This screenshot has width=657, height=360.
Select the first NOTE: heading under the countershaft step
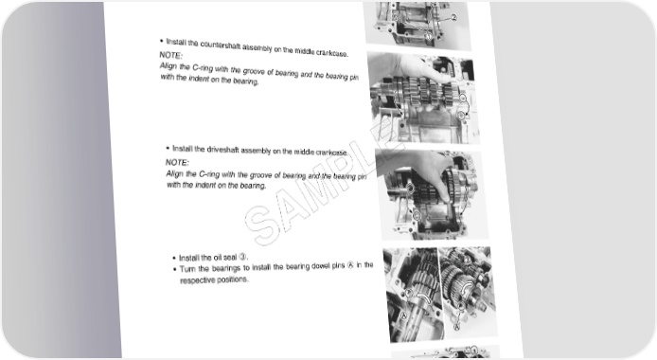click(x=171, y=55)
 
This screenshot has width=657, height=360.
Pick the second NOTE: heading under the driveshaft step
click(x=177, y=162)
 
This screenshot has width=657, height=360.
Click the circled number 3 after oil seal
click(x=242, y=257)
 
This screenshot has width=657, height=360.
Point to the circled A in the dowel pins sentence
click(x=350, y=265)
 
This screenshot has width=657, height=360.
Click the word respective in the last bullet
click(x=197, y=280)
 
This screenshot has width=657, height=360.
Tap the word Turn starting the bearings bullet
click(x=187, y=269)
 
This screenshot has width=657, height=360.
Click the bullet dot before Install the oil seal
click(x=174, y=258)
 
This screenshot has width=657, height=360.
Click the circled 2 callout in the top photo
click(x=453, y=18)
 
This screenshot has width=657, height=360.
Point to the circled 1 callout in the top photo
click(x=428, y=36)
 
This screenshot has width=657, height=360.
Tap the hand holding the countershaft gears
click(x=423, y=70)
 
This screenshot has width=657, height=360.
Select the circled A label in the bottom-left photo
click(x=403, y=315)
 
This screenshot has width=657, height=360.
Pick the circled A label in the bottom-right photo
click(x=457, y=325)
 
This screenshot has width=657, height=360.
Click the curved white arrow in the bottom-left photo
click(x=420, y=296)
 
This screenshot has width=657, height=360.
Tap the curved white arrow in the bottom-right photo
click(x=467, y=287)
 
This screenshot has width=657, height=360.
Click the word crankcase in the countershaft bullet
click(x=331, y=53)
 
